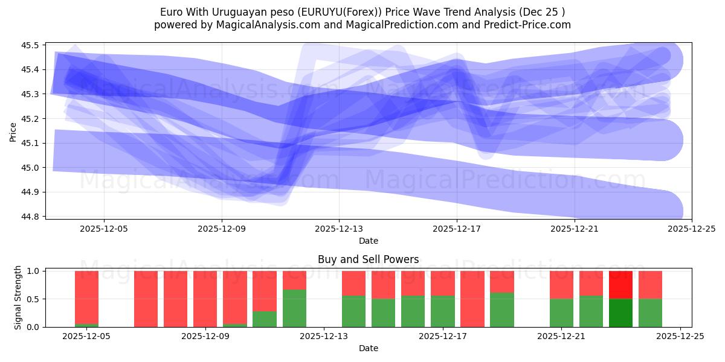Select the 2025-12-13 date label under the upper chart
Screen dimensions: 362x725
(x=339, y=229)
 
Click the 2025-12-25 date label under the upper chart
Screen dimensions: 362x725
(x=691, y=229)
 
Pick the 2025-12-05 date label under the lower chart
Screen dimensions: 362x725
(x=86, y=337)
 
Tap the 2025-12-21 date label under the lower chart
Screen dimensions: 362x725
(x=561, y=337)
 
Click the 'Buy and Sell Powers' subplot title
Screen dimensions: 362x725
(x=368, y=260)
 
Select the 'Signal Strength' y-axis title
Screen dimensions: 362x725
(x=18, y=297)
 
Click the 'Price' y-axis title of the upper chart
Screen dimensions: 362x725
(x=13, y=131)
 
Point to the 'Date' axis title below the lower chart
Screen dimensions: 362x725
(x=368, y=348)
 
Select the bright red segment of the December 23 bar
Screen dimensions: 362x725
(x=620, y=285)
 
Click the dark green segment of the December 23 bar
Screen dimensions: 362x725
(x=620, y=313)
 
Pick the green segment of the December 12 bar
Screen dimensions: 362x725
(x=294, y=308)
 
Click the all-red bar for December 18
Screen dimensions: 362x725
(x=472, y=299)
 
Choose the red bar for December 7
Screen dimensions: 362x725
(x=146, y=299)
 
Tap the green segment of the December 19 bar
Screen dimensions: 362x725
(x=501, y=310)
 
